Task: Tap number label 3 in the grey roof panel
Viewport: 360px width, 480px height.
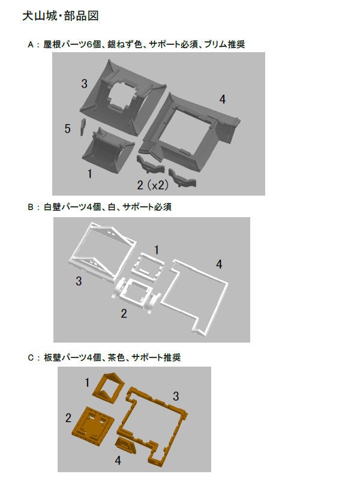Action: click(85, 83)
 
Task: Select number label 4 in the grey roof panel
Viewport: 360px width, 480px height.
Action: click(222, 100)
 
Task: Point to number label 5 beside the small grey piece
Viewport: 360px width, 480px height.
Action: click(68, 128)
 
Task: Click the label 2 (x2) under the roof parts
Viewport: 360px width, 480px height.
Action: click(152, 185)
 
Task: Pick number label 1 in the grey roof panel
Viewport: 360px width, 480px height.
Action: click(89, 174)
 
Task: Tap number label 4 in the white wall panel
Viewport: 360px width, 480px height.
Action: click(219, 264)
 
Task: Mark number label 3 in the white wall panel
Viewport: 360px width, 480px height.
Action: click(79, 281)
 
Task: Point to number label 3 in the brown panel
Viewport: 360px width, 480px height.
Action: click(176, 396)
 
